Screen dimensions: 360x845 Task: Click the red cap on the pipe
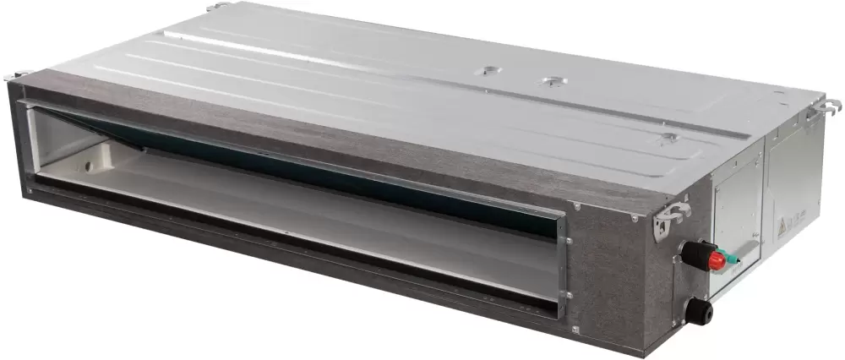coord(717,260)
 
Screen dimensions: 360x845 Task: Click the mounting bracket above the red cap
coord(673,217)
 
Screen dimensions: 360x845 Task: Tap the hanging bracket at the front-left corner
coord(17,75)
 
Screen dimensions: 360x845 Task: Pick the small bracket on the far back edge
coord(218,6)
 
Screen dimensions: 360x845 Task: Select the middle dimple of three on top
coord(553,82)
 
